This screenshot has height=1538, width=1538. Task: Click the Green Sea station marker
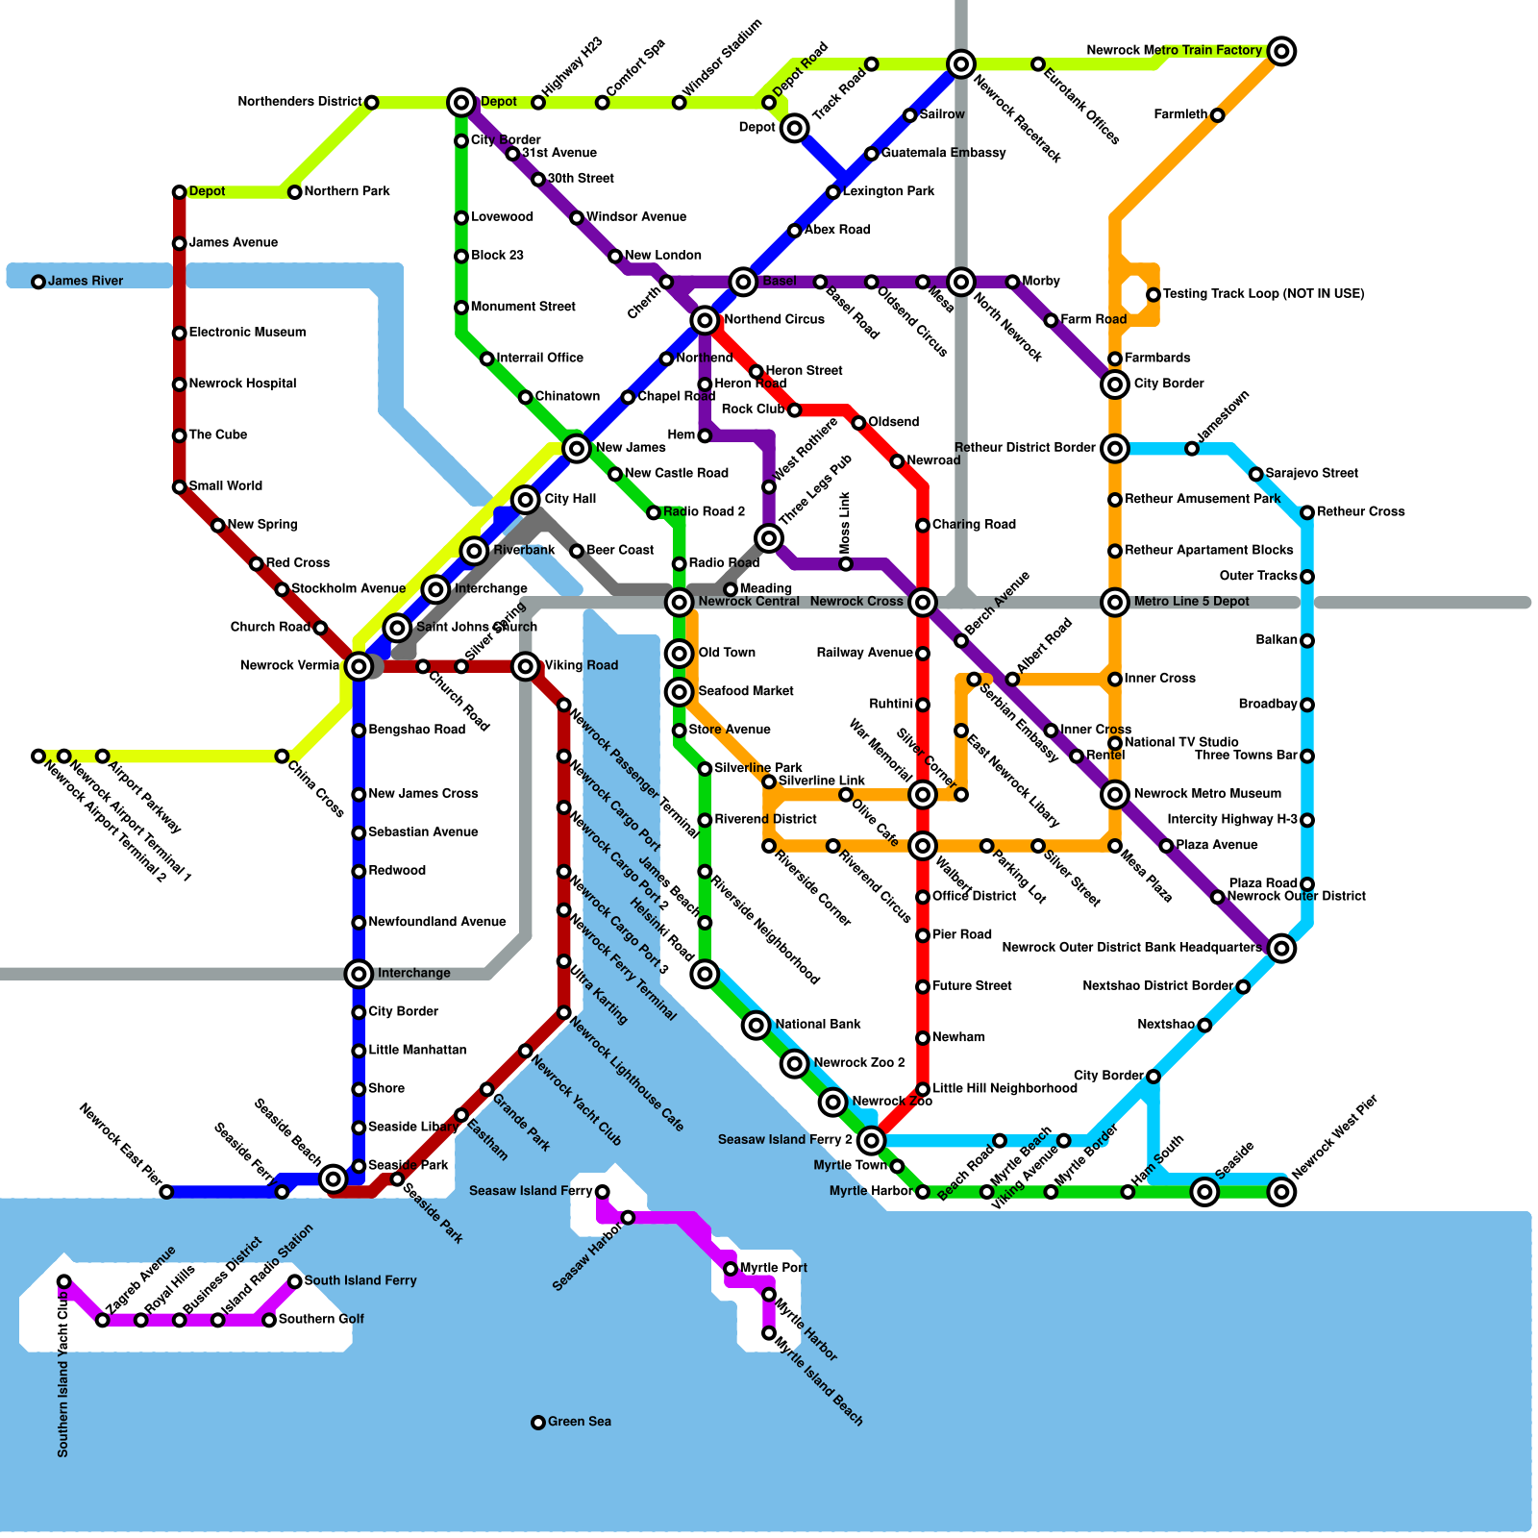coord(538,1423)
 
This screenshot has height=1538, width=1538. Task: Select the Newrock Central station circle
coord(680,603)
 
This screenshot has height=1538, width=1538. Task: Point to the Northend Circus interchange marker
coord(705,320)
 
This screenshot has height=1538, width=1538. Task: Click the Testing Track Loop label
coord(1263,294)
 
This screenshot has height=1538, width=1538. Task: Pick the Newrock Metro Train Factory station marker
coord(1281,51)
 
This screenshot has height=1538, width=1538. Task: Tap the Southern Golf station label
coord(321,1320)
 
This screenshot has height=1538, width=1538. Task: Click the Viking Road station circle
coord(525,666)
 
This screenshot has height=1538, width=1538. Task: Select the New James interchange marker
coord(577,448)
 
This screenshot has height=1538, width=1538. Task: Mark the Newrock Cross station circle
coord(923,603)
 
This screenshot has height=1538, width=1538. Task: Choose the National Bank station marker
coord(757,1026)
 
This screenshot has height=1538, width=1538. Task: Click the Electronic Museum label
coord(247,333)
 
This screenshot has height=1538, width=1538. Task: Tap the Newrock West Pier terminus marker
coord(1281,1192)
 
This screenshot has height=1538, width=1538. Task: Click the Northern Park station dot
coord(295,192)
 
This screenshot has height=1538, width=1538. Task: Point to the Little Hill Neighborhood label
coord(1005,1089)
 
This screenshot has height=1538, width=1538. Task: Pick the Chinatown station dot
coord(525,397)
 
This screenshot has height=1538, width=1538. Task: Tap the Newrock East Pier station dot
coord(166,1192)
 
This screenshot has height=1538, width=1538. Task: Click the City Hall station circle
coord(525,500)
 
